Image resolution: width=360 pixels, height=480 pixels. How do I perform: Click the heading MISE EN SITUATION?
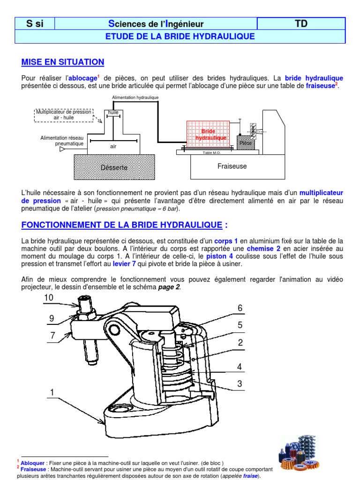pyautogui.click(x=63, y=62)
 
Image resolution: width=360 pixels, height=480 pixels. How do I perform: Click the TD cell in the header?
pyautogui.click(x=301, y=23)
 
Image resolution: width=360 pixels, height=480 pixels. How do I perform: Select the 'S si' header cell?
pyautogui.click(x=35, y=23)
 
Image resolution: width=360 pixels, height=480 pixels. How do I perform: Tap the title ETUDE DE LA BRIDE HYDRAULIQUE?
pyautogui.click(x=180, y=36)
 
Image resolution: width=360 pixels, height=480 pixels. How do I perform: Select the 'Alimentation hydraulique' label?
pyautogui.click(x=135, y=97)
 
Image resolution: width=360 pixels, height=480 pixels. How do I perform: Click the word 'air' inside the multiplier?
pyautogui.click(x=113, y=146)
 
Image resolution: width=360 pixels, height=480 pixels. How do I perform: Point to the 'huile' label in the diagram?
pyautogui.click(x=113, y=112)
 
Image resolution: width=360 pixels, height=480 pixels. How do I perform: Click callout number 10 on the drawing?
pyautogui.click(x=49, y=298)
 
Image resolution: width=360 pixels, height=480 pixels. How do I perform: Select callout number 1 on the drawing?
pyautogui.click(x=52, y=391)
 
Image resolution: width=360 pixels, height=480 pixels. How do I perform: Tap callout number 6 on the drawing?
pyautogui.click(x=240, y=308)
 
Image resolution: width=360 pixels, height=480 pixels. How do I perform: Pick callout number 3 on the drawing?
pyautogui.click(x=239, y=384)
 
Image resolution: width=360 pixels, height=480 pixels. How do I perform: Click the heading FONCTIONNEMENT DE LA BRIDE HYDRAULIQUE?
pyautogui.click(x=122, y=225)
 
